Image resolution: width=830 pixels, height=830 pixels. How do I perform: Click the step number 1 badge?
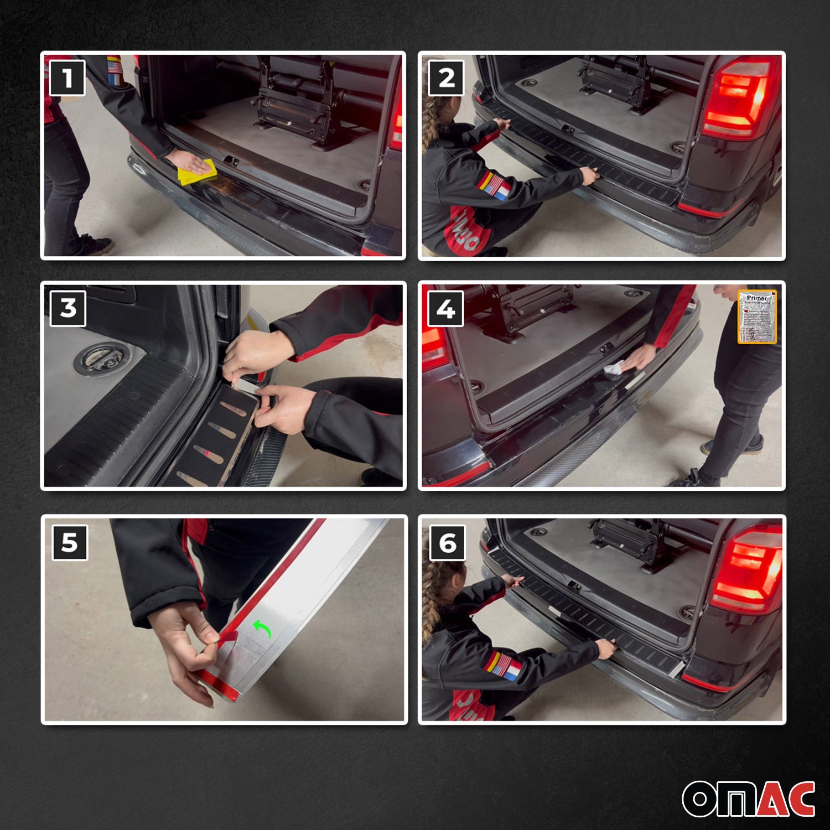coord(68,78)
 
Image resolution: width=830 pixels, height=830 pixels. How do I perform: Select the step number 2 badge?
coord(446,78)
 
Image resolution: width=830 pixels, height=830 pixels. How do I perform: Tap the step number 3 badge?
coord(68,308)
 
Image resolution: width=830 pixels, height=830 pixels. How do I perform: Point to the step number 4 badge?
coord(446,309)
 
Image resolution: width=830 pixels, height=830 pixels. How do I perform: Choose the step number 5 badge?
coord(70,543)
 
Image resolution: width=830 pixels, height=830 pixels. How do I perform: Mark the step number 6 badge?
coord(447,543)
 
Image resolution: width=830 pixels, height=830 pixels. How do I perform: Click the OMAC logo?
coord(748,798)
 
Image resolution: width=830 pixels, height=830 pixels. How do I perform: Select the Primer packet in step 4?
coord(757,317)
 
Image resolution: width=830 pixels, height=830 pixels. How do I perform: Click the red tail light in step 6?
coord(748,570)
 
